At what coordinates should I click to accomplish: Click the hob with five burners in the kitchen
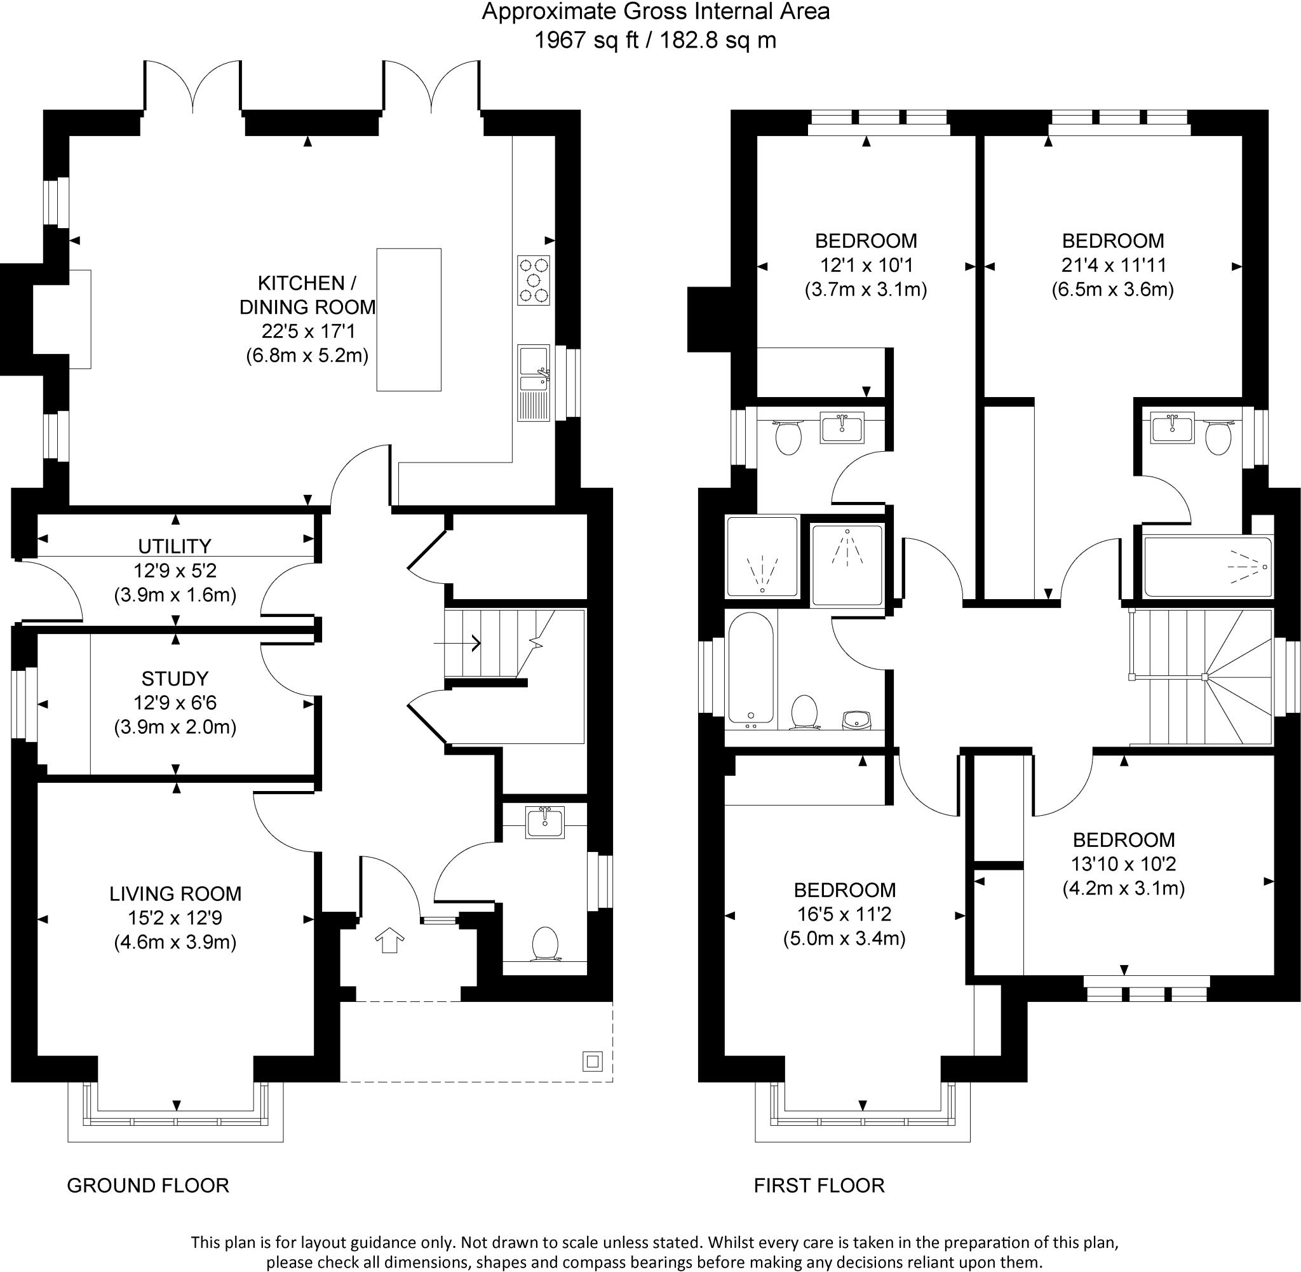click(x=533, y=281)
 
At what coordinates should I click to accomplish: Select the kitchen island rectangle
click(x=408, y=320)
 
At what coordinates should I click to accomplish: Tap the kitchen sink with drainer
click(x=533, y=382)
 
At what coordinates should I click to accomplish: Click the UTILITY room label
click(x=174, y=546)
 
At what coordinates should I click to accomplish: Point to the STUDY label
click(x=174, y=679)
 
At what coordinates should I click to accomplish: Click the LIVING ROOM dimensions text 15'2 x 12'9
click(x=175, y=918)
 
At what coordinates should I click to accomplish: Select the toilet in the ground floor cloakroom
click(x=545, y=944)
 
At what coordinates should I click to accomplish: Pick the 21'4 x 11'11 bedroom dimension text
click(x=1114, y=265)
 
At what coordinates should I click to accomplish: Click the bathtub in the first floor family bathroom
click(x=752, y=668)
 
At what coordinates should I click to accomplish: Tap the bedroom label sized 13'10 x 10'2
click(x=1123, y=840)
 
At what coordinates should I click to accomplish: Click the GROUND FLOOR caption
click(x=147, y=1185)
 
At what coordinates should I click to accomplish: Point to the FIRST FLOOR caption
click(x=819, y=1185)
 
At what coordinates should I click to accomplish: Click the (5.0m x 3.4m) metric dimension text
click(x=844, y=938)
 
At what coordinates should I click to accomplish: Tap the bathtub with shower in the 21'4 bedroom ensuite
click(x=1208, y=567)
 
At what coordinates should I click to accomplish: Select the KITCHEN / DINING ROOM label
click(x=307, y=295)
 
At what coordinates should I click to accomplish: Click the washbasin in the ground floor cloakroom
click(x=545, y=822)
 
